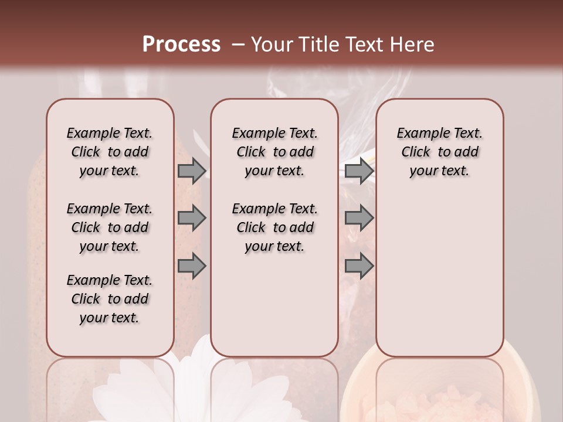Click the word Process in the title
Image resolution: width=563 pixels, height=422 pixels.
tap(181, 45)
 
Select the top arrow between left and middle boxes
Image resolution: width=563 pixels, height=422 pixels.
tap(191, 171)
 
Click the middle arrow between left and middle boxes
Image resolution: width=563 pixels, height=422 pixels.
tap(191, 219)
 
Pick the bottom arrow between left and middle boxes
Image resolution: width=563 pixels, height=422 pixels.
tap(191, 266)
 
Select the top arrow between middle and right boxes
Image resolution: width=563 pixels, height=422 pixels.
tap(359, 171)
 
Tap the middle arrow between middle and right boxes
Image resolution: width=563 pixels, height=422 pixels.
tap(359, 219)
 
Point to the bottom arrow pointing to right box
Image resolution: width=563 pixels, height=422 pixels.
tap(359, 266)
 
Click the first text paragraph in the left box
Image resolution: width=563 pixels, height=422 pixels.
tap(110, 152)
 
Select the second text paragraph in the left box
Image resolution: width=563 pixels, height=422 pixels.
tap(110, 227)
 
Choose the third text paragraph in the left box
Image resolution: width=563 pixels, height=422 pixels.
tap(110, 299)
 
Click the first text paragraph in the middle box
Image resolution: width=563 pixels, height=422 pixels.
tap(274, 152)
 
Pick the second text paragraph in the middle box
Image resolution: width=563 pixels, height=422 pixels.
tap(274, 227)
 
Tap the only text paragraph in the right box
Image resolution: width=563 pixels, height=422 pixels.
tap(439, 152)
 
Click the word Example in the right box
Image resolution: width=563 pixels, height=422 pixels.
tap(421, 134)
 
